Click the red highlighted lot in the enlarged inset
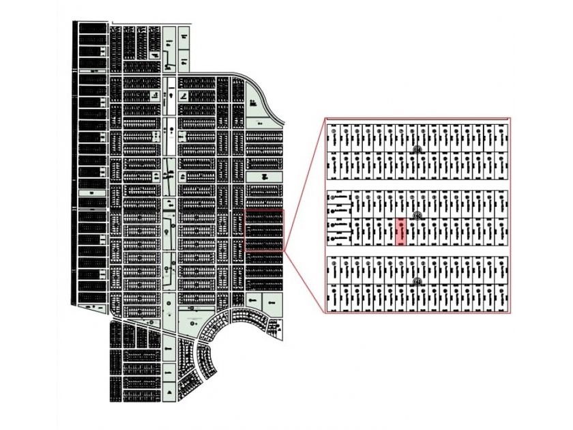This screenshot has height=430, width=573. [x=402, y=232]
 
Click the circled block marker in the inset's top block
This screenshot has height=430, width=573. [x=418, y=148]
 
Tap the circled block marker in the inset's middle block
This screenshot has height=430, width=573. [x=417, y=215]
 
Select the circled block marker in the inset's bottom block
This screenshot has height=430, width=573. [x=417, y=282]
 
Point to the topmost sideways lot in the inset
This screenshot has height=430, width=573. [x=340, y=199]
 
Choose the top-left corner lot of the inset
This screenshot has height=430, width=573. [x=333, y=136]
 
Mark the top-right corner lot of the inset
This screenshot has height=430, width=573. [x=503, y=136]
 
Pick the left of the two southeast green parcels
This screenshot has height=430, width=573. [x=253, y=300]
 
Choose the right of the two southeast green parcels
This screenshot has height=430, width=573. [x=272, y=300]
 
